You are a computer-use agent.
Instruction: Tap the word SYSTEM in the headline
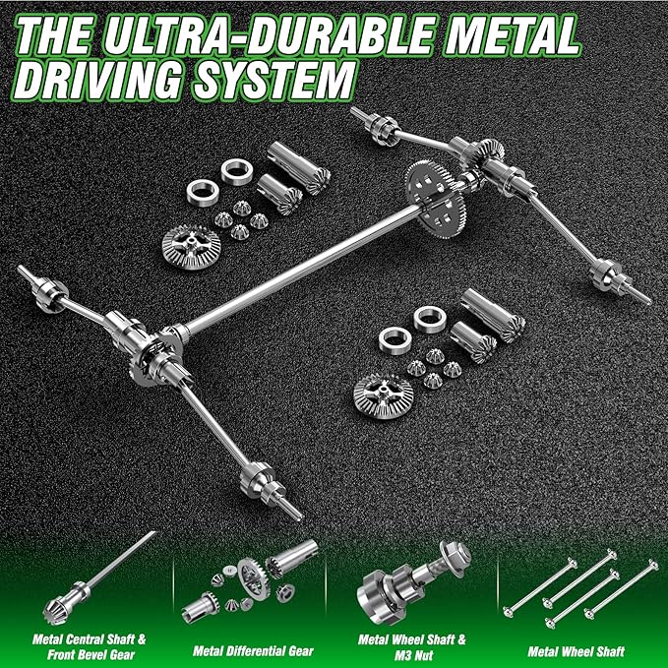click(x=273, y=80)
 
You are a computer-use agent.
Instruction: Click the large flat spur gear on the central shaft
click(x=435, y=199)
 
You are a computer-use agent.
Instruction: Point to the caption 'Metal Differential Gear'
click(x=253, y=651)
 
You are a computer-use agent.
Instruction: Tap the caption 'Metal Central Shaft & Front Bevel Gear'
click(x=90, y=646)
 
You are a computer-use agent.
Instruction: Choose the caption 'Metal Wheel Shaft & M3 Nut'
click(x=412, y=646)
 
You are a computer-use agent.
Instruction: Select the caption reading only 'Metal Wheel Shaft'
click(x=576, y=651)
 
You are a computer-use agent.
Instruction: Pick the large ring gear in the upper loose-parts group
click(x=191, y=247)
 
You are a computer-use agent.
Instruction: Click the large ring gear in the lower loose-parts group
click(x=384, y=396)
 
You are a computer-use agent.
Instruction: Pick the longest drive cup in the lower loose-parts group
click(x=493, y=315)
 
